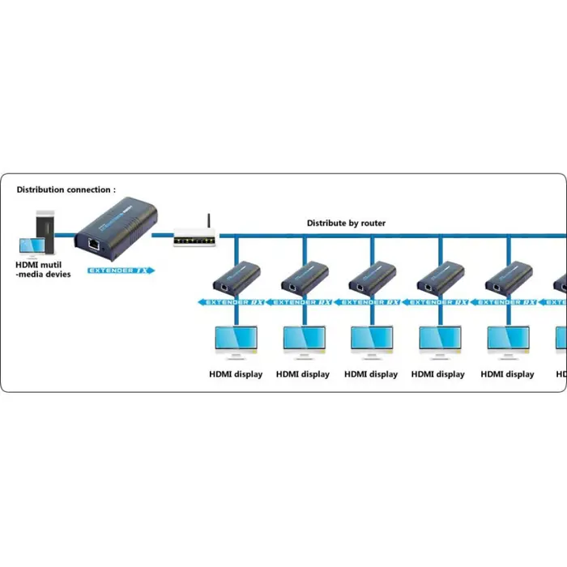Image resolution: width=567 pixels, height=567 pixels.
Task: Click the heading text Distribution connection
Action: point(66,190)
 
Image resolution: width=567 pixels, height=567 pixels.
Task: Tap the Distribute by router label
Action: point(346,223)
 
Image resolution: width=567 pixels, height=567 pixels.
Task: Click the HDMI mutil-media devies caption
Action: point(43,269)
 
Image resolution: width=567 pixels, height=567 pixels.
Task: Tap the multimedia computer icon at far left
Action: point(39,234)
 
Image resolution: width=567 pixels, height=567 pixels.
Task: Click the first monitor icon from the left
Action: point(235,343)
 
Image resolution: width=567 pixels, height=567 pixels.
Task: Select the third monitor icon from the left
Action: point(372,343)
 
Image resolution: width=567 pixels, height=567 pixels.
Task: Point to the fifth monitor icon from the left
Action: point(508,343)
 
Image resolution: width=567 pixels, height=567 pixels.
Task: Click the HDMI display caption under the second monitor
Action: point(303,374)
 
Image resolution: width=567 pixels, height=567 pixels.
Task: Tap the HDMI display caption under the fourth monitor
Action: point(438,374)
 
